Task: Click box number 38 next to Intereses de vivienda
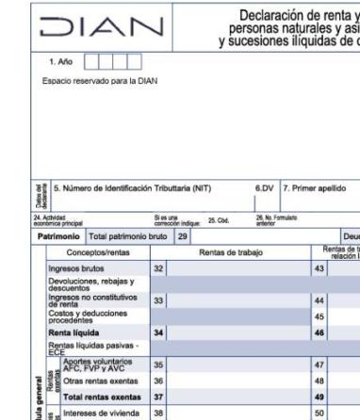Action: click(158, 412)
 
